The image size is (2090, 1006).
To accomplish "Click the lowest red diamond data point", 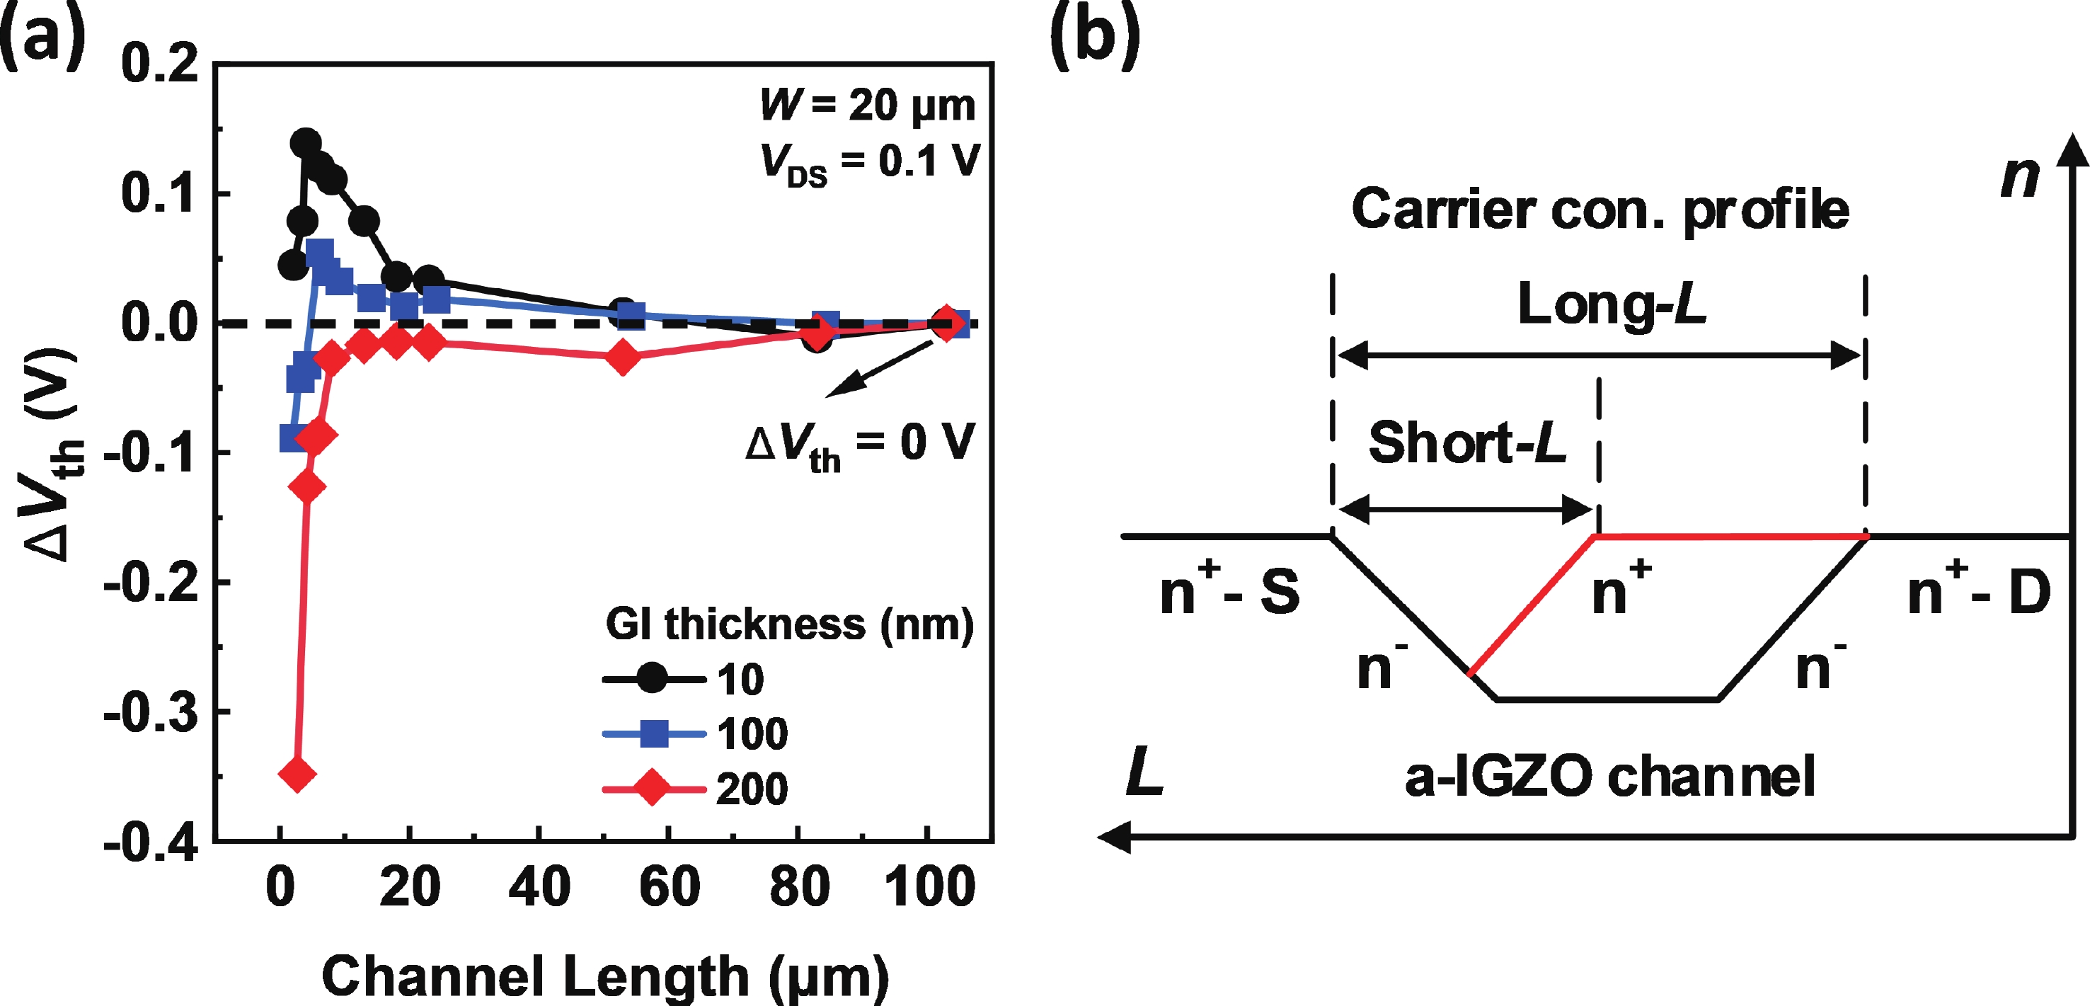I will click(x=297, y=774).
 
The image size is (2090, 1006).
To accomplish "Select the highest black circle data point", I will click(x=306, y=144).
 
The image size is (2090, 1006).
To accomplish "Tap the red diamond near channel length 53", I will click(x=622, y=357).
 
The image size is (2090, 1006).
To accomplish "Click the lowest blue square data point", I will click(x=294, y=438).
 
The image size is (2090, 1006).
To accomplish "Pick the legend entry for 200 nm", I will click(x=694, y=789).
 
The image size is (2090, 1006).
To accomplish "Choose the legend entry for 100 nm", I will click(x=694, y=734).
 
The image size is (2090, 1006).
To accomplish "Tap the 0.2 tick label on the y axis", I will click(x=159, y=63).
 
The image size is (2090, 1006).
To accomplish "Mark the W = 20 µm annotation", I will click(x=867, y=105).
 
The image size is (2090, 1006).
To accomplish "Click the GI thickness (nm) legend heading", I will click(x=788, y=624).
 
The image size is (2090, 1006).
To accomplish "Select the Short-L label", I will click(x=1467, y=443).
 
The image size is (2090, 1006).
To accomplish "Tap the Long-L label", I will click(x=1612, y=305).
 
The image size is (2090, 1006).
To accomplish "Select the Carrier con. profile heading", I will click(x=1600, y=210).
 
